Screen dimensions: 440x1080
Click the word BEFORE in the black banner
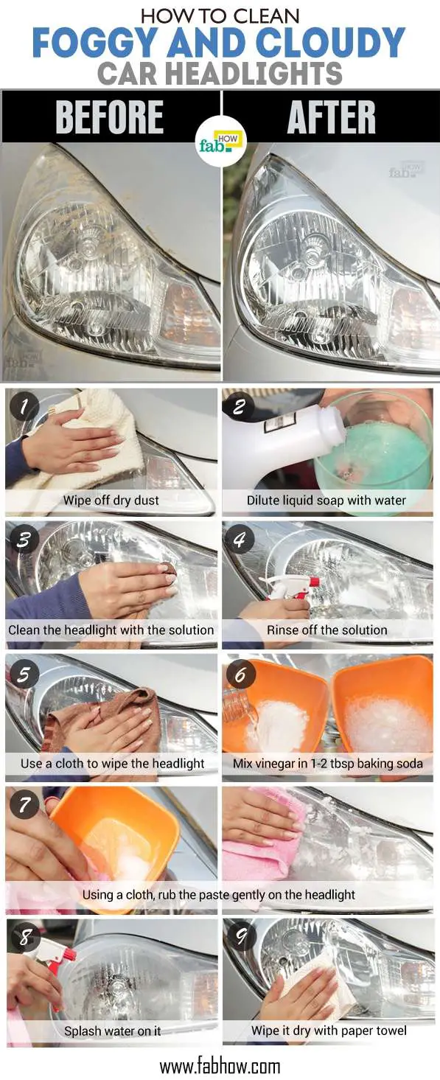point(109,116)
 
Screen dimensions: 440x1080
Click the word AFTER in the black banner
point(332,116)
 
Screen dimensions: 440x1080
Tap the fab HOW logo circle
point(221,142)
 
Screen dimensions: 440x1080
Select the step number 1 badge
point(24,406)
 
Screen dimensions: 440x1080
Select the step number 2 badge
point(239,406)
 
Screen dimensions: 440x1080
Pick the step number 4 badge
point(239,539)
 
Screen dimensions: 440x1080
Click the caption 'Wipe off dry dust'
point(111,500)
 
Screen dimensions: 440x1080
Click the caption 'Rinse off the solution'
point(326,630)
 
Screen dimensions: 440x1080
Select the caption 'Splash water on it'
point(112,1031)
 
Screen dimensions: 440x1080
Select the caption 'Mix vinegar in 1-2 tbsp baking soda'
point(328,763)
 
